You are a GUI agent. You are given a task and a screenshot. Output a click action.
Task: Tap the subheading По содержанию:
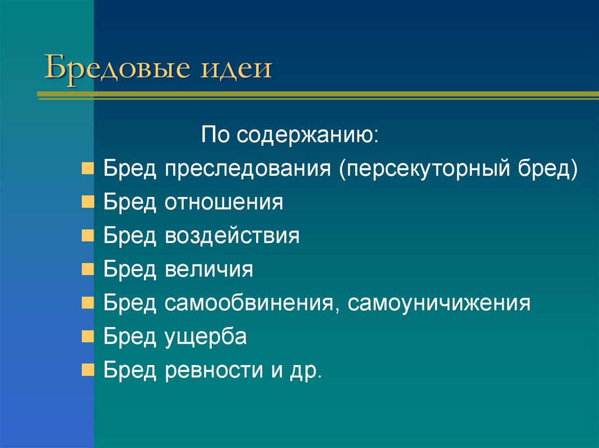point(290,136)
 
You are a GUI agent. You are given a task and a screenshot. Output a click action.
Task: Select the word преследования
point(248,169)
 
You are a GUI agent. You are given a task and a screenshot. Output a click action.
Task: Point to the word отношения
point(223,203)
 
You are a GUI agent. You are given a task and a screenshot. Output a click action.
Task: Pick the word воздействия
point(232,236)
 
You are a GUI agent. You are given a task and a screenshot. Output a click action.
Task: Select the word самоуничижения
point(440,303)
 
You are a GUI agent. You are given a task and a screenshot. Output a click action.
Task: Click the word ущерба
point(205,337)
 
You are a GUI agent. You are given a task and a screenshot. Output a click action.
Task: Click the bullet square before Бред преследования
point(87,169)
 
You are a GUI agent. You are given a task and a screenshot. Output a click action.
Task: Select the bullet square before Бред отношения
point(87,203)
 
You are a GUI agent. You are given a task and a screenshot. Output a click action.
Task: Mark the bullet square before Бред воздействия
point(87,236)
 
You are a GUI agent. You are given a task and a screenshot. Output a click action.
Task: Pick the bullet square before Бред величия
point(87,269)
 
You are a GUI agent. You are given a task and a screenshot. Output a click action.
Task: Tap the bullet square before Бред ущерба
point(87,337)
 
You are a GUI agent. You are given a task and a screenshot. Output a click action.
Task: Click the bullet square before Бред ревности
point(87,370)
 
